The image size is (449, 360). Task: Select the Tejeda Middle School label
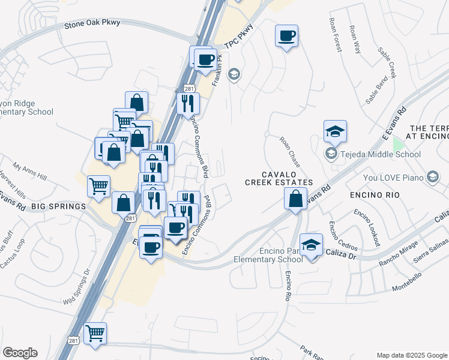381,154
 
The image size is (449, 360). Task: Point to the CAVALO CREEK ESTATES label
279,178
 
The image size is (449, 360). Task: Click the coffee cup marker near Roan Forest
287,36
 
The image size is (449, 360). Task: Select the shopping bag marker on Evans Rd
295,199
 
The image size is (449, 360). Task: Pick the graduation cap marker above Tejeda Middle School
336,131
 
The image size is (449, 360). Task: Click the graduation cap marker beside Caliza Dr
312,245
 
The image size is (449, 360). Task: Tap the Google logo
20,352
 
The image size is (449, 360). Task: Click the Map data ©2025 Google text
411,355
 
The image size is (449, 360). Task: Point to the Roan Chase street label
289,151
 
